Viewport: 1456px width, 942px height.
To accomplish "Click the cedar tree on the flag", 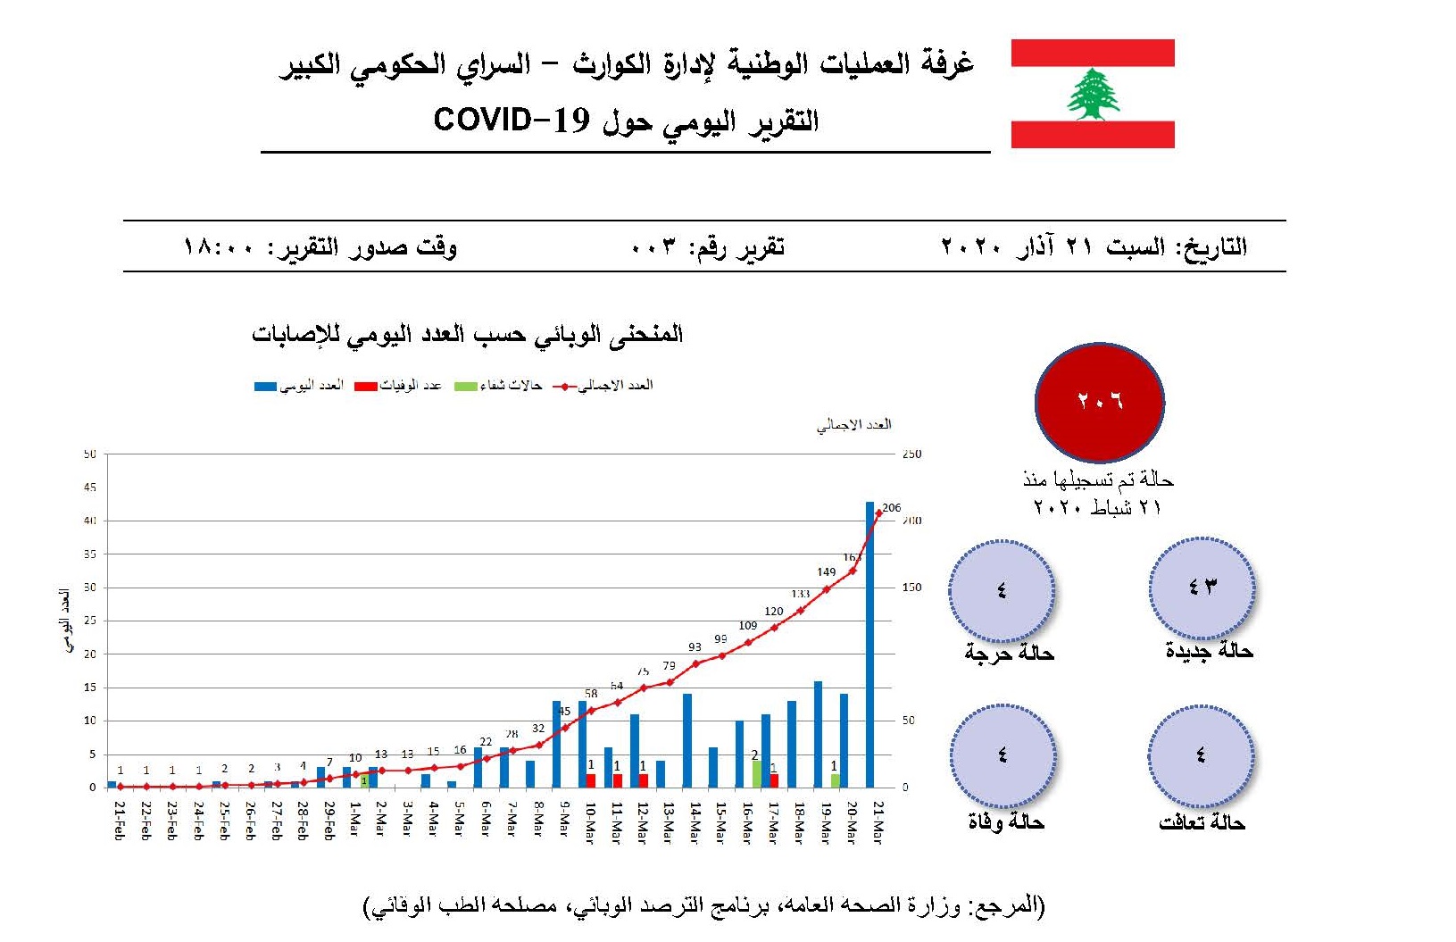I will (1093, 94).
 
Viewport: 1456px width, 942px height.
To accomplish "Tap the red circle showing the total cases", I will (1099, 401).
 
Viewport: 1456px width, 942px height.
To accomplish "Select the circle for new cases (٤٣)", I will (1202, 588).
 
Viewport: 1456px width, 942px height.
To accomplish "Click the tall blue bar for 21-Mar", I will (870, 643).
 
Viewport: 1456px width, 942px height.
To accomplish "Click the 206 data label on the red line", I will (891, 508).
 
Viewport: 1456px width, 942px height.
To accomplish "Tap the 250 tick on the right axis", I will (911, 454).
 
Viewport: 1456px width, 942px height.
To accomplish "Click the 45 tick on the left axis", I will (89, 488).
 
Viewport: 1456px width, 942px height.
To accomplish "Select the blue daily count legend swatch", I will (265, 387).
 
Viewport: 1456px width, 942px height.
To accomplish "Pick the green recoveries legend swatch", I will (466, 387).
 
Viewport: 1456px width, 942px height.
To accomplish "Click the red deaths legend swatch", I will (366, 387).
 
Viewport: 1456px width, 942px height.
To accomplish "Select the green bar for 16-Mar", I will (756, 773).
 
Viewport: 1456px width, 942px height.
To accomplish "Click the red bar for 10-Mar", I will (591, 780).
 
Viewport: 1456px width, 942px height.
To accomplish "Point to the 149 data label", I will (826, 572).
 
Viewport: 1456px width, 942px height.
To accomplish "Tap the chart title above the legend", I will (467, 335).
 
